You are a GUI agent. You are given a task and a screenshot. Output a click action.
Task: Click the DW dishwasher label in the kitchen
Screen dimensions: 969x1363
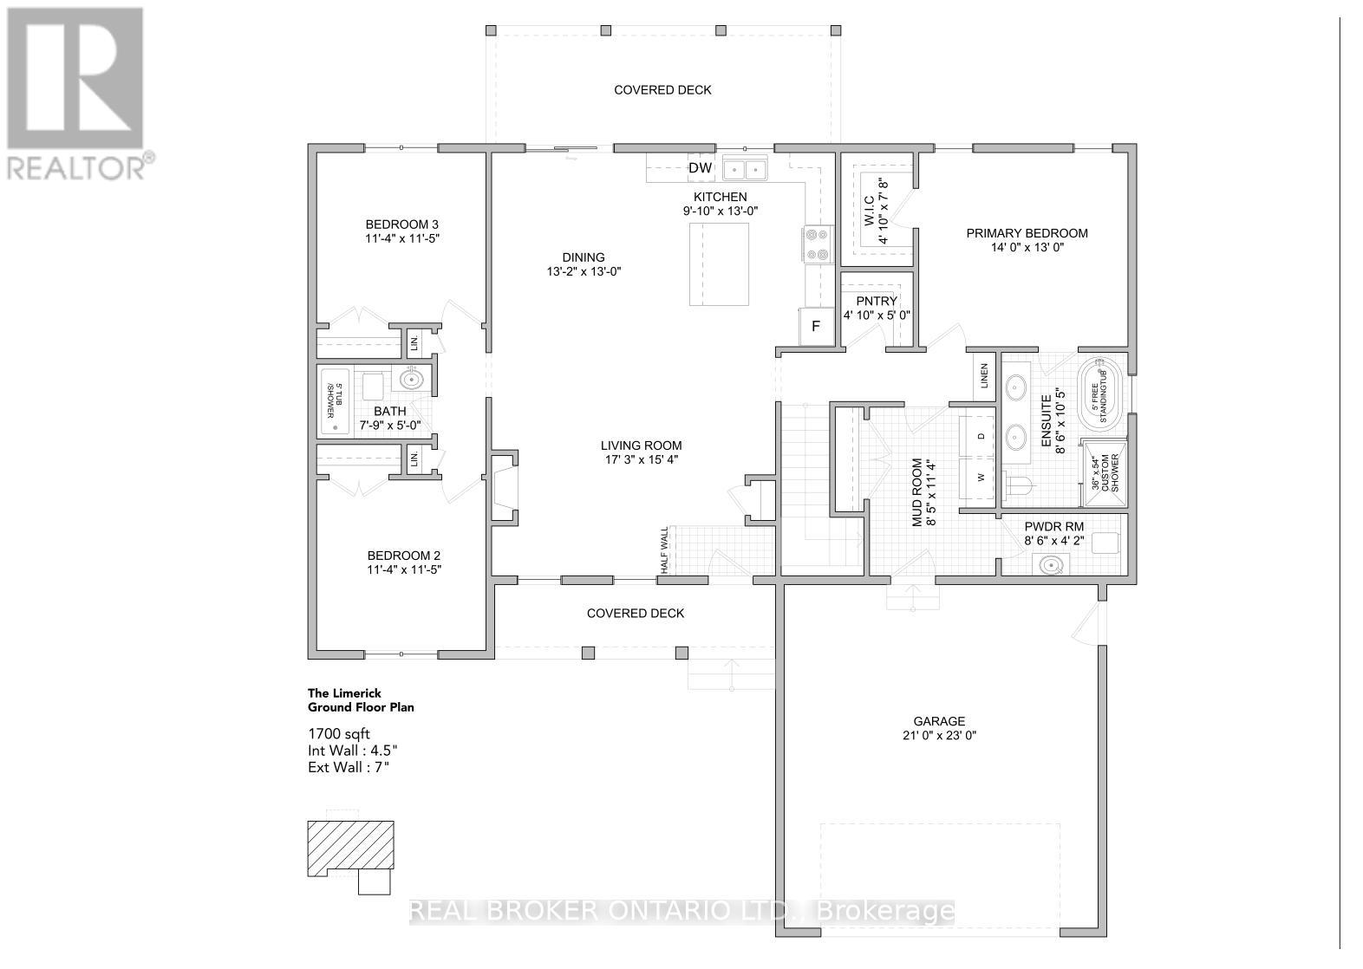pyautogui.click(x=700, y=168)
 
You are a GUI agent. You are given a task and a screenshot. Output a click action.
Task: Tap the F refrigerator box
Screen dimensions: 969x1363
pyautogui.click(x=815, y=327)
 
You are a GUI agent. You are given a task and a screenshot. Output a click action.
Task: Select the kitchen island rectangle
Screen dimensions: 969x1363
pyautogui.click(x=720, y=263)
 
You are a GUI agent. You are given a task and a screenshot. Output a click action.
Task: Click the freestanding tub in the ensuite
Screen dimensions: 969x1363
pyautogui.click(x=1100, y=396)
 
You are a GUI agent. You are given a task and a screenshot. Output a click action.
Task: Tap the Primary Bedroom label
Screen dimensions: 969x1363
pyautogui.click(x=1027, y=233)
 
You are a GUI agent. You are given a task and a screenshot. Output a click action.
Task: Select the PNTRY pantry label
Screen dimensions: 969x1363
pyautogui.click(x=876, y=302)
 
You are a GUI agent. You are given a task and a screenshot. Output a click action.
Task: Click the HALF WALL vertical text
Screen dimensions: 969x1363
pyautogui.click(x=665, y=550)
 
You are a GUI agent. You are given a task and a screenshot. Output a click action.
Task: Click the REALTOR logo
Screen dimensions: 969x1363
pyautogui.click(x=76, y=91)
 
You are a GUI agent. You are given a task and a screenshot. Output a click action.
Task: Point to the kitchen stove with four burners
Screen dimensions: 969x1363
pyautogui.click(x=817, y=244)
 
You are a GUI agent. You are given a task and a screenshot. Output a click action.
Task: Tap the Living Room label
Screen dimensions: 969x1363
pyautogui.click(x=641, y=445)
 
